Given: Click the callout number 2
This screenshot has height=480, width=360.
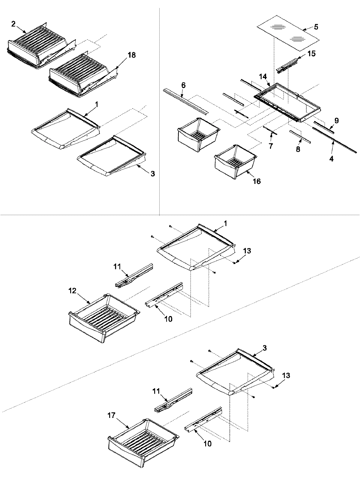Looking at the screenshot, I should tap(13, 24).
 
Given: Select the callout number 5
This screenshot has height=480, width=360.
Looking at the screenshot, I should tap(316, 27).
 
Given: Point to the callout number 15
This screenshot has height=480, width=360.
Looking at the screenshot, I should tap(311, 54).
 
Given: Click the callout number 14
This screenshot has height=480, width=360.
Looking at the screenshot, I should tap(263, 77).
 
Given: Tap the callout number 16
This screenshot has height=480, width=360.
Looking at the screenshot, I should tap(256, 181).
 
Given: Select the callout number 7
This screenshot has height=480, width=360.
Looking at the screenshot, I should tap(271, 146).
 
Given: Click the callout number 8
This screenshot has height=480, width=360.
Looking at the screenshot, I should tap(298, 149).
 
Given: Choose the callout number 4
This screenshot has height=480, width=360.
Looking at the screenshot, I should tap(331, 159).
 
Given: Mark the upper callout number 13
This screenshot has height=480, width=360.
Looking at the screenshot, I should tap(247, 250).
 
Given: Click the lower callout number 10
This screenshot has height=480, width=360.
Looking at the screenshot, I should tap(207, 443).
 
